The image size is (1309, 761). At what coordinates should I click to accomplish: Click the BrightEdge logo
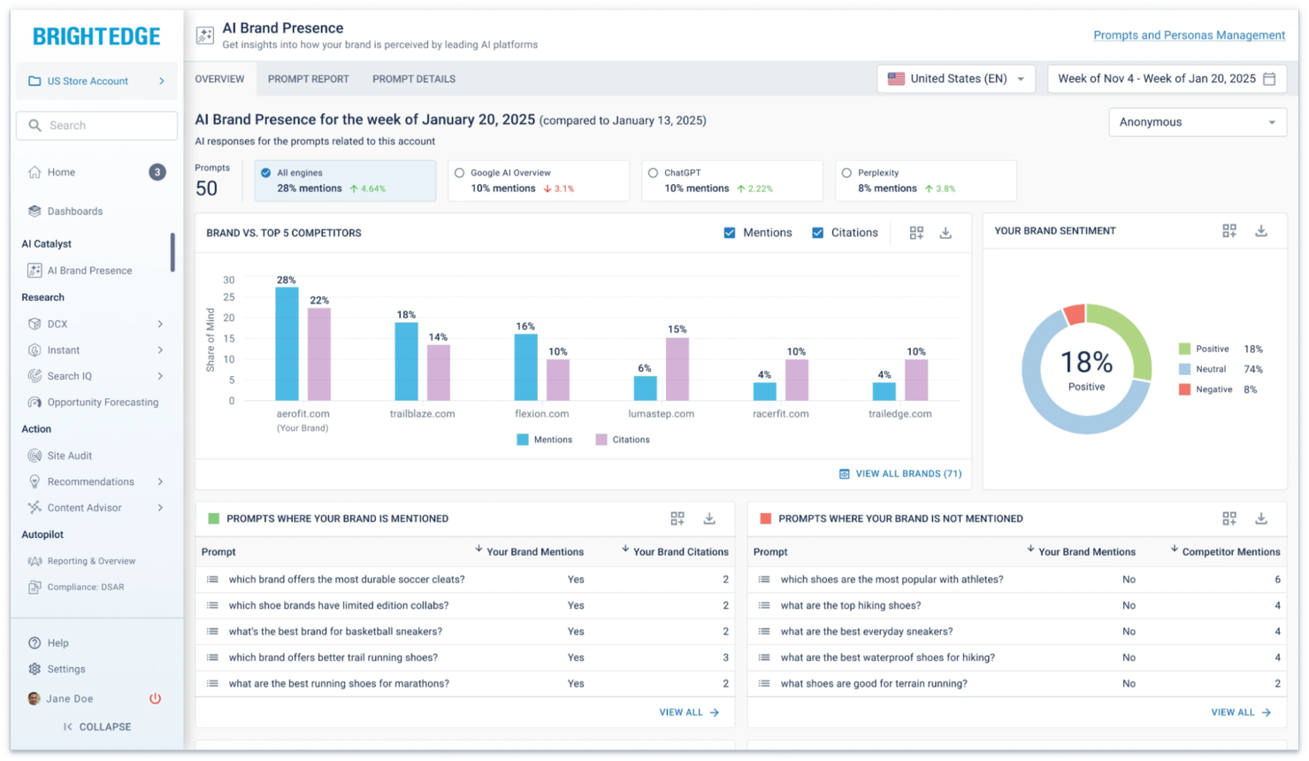click(x=96, y=36)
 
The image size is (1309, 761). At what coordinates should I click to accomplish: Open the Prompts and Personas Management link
click(x=1189, y=35)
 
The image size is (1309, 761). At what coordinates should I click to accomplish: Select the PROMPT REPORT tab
click(x=308, y=79)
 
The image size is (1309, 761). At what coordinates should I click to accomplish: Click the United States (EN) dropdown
click(x=956, y=79)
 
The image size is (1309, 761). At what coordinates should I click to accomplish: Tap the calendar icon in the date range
click(x=1269, y=79)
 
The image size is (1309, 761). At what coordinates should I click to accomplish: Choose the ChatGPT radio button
click(x=653, y=173)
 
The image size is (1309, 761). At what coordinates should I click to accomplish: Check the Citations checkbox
click(x=817, y=233)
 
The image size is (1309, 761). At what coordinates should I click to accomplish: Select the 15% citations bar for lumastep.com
click(x=677, y=369)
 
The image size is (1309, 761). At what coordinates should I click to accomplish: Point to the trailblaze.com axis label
click(x=422, y=413)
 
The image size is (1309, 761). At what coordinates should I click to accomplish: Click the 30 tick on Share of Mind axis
click(x=229, y=280)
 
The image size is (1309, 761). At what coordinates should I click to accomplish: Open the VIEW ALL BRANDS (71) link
click(x=900, y=473)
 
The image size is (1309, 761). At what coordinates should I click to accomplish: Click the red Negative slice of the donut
click(x=1074, y=314)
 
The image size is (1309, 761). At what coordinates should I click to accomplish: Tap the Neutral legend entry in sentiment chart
click(x=1210, y=369)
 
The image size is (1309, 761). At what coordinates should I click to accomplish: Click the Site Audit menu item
click(x=69, y=456)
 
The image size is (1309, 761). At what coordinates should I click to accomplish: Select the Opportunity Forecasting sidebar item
click(x=103, y=403)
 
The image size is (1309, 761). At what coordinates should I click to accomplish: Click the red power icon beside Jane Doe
click(x=155, y=698)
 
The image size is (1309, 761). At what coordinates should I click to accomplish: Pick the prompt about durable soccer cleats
click(x=346, y=580)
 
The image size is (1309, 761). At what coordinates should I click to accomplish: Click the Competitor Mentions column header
click(x=1230, y=551)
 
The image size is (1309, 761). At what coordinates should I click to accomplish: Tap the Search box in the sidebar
click(x=96, y=126)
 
